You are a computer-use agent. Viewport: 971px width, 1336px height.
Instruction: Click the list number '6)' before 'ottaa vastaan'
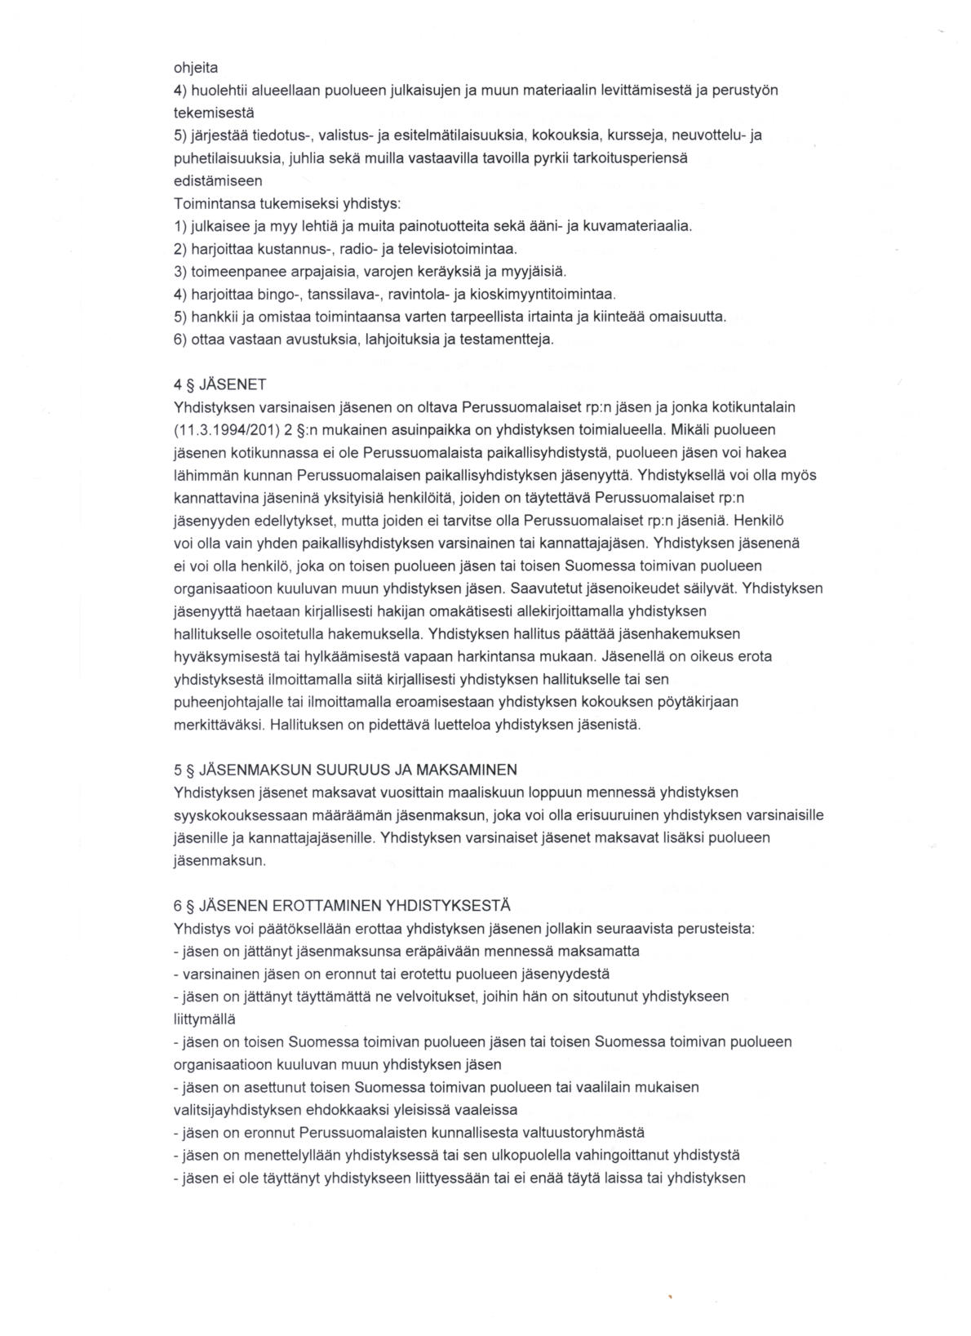[x=180, y=339]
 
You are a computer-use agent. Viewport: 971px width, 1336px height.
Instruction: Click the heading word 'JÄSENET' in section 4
[x=233, y=384]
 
